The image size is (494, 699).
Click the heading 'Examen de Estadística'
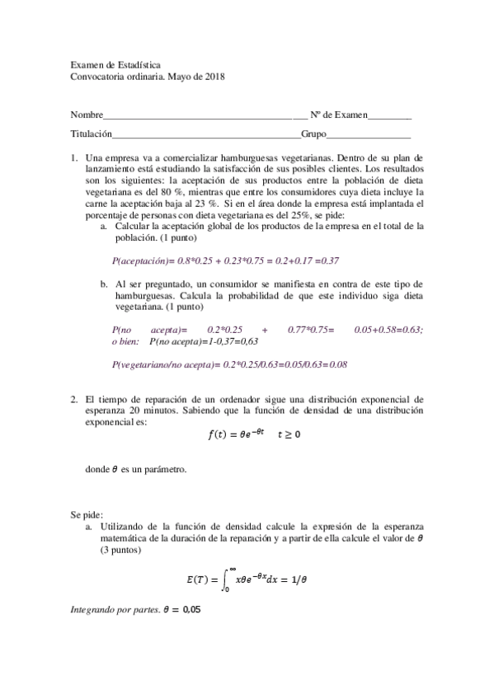[115, 64]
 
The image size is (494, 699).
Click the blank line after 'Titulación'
[206, 134]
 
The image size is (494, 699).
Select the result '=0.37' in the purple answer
[328, 260]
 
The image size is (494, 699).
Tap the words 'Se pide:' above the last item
[87, 514]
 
